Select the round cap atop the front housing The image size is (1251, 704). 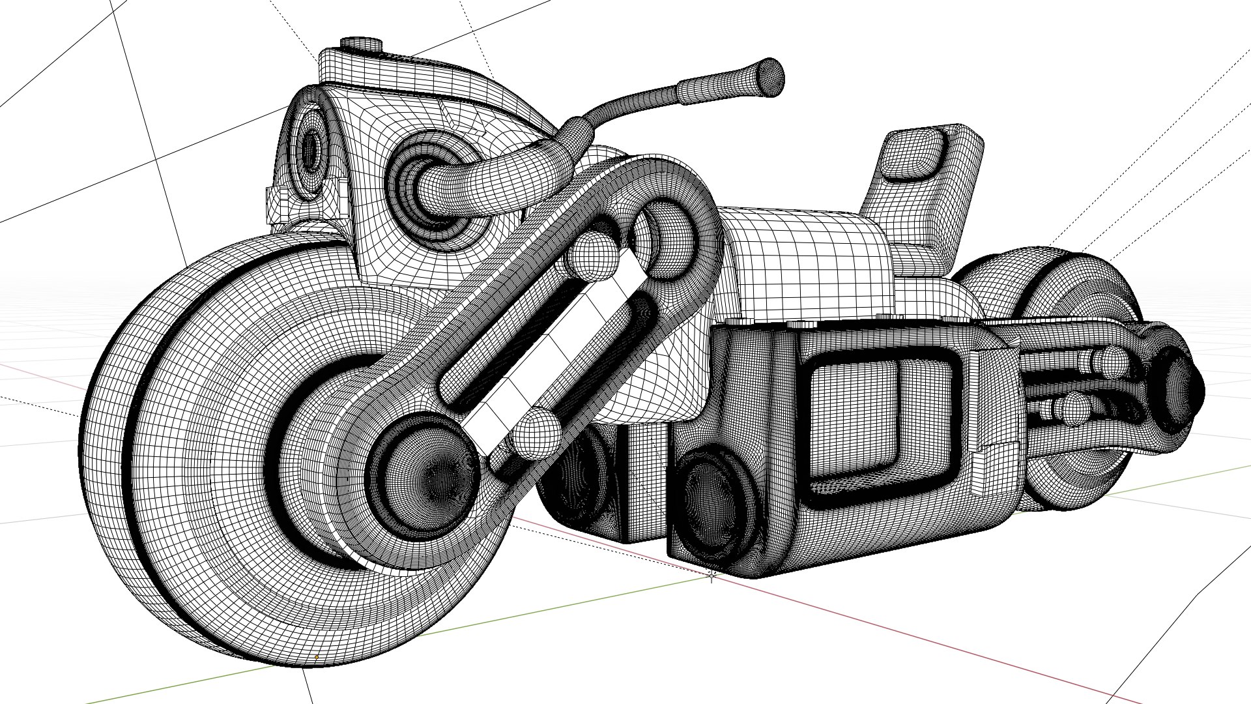360,44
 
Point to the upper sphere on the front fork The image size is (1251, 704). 592,256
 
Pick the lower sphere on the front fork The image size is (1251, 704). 536,433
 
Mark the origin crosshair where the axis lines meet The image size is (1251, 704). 712,575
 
